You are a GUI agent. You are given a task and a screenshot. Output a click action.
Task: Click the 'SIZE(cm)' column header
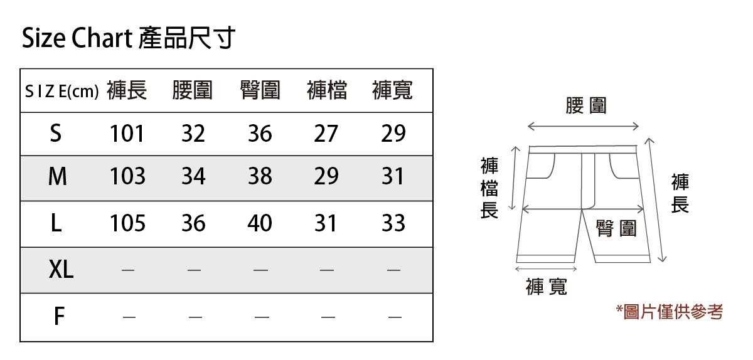pyautogui.click(x=61, y=92)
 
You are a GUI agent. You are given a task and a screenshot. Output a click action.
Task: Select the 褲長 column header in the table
pyautogui.click(x=127, y=91)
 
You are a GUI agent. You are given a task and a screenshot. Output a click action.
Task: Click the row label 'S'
pyautogui.click(x=56, y=134)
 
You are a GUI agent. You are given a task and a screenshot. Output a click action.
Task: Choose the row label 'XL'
pyautogui.click(x=61, y=270)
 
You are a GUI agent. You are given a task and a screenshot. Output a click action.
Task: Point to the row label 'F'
pyautogui.click(x=58, y=317)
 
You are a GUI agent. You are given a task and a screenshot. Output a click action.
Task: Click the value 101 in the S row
pyautogui.click(x=127, y=134)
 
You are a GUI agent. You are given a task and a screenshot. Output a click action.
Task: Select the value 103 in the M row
pyautogui.click(x=127, y=177)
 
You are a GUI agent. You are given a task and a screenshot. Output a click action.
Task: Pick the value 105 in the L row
pyautogui.click(x=127, y=223)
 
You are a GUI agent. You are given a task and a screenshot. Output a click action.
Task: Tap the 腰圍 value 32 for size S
pyautogui.click(x=193, y=134)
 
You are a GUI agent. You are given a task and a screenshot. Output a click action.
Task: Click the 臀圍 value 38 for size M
pyautogui.click(x=260, y=177)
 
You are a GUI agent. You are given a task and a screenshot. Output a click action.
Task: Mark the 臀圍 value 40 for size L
pyautogui.click(x=260, y=223)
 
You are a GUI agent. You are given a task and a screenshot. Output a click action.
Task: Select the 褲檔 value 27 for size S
pyautogui.click(x=326, y=134)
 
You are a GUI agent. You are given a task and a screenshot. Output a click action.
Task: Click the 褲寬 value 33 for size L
pyautogui.click(x=393, y=223)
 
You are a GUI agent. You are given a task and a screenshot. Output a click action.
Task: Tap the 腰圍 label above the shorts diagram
pyautogui.click(x=586, y=105)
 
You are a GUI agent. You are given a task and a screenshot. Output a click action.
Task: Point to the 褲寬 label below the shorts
pyautogui.click(x=547, y=287)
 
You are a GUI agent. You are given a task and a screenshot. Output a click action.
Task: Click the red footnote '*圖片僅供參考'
pyautogui.click(x=669, y=311)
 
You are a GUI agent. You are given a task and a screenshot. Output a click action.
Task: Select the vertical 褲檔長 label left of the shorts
pyautogui.click(x=489, y=188)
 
